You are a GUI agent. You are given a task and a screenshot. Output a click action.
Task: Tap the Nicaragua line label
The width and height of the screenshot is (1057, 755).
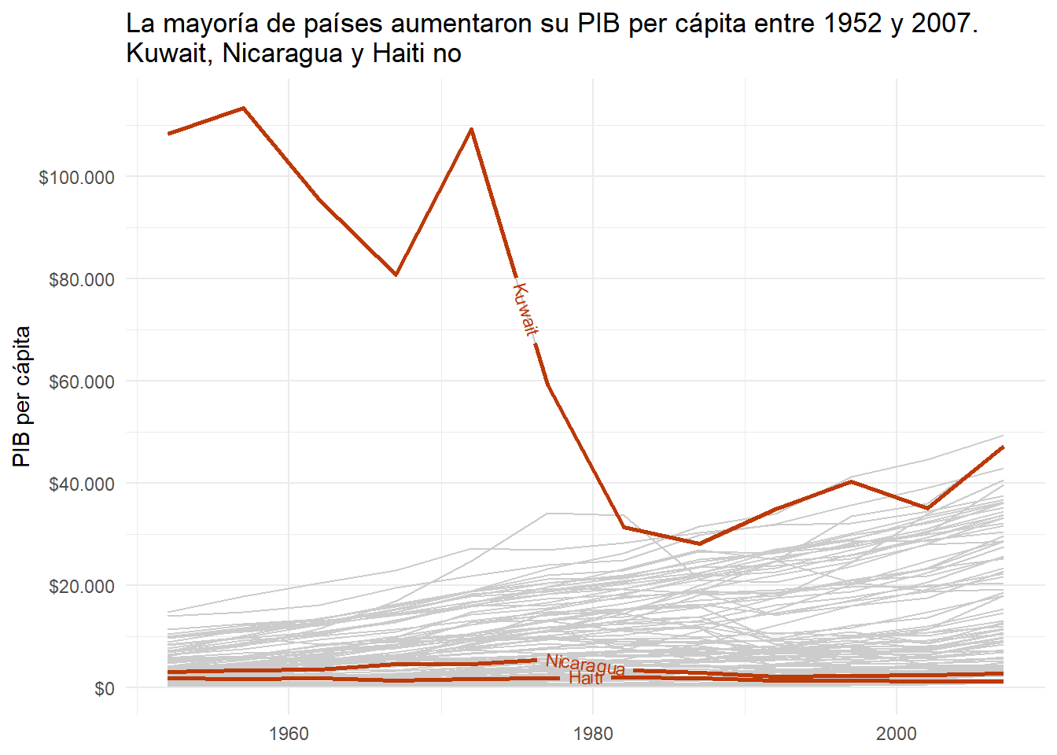585,665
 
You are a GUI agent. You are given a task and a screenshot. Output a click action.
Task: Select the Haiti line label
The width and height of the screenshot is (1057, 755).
586,678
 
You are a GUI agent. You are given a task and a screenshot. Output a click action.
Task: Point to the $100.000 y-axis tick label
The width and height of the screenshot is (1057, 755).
76,177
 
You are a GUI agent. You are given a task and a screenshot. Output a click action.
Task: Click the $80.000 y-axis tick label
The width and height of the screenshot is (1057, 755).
81,279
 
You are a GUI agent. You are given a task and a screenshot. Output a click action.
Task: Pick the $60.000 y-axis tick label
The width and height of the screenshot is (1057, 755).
81,381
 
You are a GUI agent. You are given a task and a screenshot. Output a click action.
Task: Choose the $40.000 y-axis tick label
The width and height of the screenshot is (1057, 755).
81,484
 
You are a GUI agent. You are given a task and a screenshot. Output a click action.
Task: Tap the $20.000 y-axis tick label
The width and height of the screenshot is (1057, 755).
81,586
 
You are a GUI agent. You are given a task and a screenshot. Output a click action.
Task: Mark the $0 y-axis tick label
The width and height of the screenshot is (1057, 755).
104,689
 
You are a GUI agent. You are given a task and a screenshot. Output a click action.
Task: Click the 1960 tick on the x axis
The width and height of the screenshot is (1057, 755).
289,734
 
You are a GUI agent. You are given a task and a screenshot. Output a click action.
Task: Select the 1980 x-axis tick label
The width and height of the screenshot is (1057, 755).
593,734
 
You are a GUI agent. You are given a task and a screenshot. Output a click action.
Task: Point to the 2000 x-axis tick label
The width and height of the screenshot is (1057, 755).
897,734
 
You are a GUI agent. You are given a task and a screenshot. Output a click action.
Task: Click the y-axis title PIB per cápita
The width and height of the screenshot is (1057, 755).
22,396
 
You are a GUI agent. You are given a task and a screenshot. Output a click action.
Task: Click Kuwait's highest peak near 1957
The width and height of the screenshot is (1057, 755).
244,108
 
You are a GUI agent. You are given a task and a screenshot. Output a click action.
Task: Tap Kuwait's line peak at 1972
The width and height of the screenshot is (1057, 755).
471,128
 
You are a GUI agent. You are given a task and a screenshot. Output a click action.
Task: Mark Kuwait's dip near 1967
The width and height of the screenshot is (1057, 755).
396,275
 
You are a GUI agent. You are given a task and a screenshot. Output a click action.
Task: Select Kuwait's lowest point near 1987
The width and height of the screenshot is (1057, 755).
699,543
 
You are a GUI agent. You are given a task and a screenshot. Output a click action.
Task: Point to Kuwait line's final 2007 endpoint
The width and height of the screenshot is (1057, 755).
1003,447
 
